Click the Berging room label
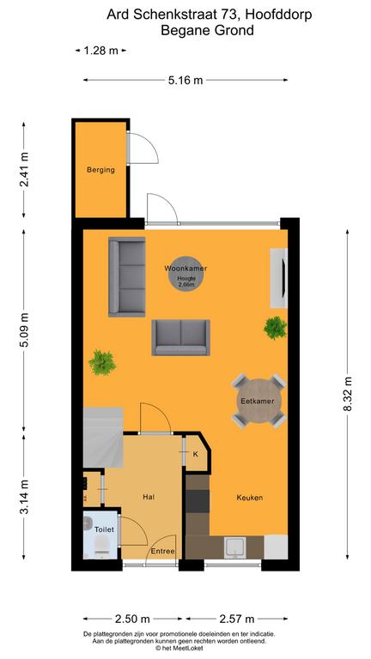(x=100, y=170)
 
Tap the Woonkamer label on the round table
(x=185, y=269)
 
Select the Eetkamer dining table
(x=258, y=400)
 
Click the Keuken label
(x=250, y=498)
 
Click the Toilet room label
(x=104, y=530)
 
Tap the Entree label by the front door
(x=163, y=551)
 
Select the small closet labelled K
(x=195, y=454)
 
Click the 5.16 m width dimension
(x=185, y=81)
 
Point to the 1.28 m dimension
(x=100, y=51)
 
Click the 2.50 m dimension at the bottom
(x=133, y=619)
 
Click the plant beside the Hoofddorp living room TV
(x=275, y=327)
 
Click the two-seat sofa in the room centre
(x=180, y=337)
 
